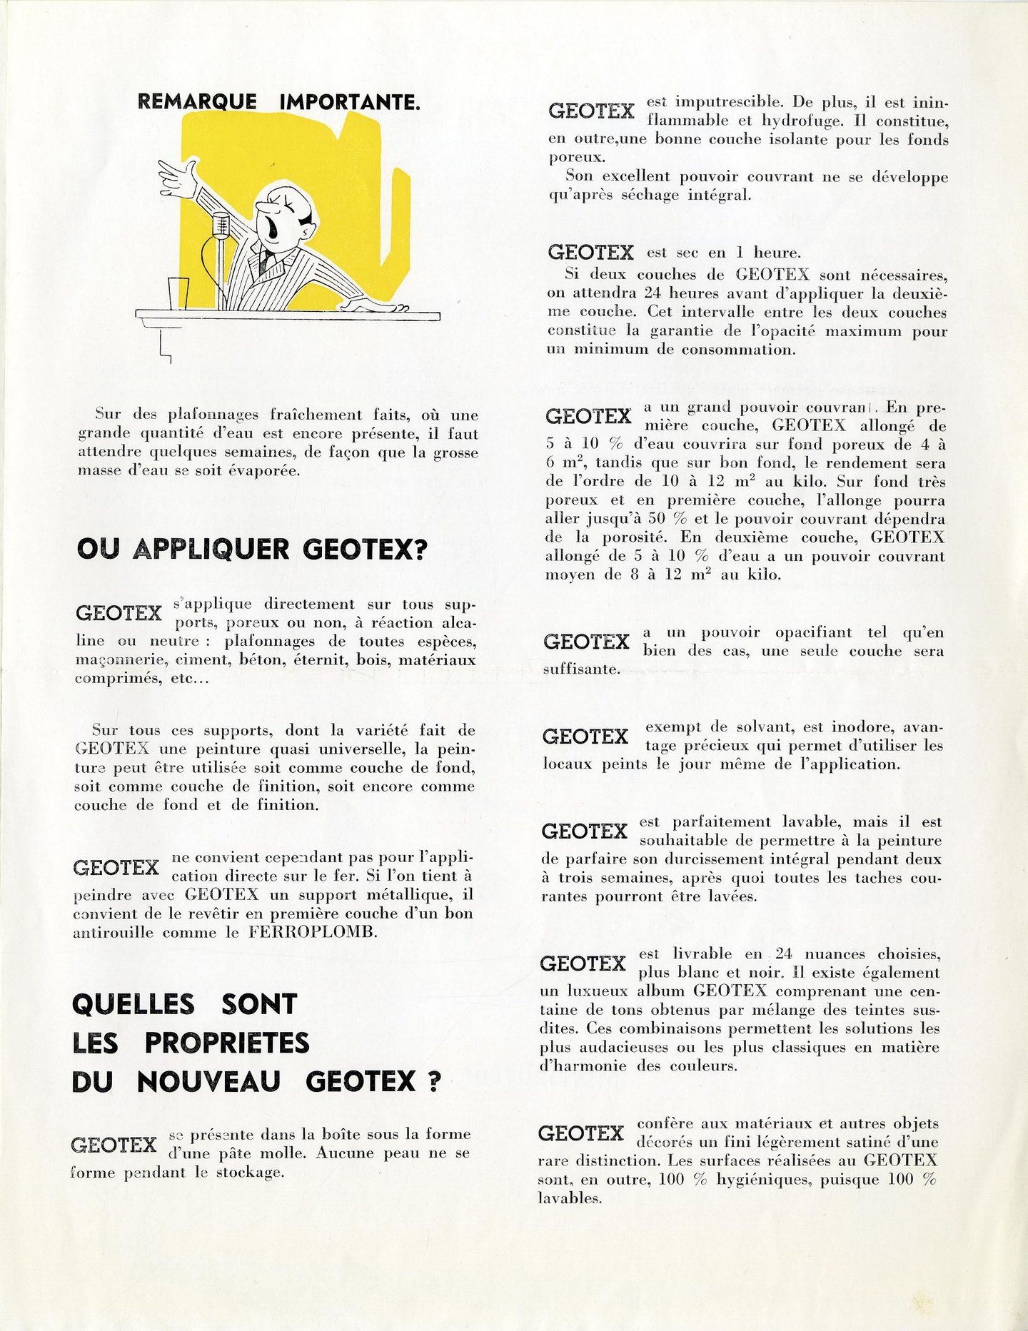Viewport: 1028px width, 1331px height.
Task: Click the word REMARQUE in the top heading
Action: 196,102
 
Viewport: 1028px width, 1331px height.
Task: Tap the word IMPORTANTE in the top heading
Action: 349,102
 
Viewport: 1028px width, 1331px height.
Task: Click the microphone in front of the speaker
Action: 221,224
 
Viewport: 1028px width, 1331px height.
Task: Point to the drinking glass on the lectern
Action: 178,293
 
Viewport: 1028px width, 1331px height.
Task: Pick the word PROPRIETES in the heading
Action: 227,1043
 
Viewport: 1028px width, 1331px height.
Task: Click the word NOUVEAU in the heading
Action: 208,1082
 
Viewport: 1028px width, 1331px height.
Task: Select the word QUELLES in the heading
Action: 133,1004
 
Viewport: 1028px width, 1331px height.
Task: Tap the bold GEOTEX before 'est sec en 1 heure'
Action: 590,253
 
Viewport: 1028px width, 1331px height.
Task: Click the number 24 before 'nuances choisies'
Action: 784,954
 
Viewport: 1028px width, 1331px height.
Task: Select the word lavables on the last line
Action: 570,1198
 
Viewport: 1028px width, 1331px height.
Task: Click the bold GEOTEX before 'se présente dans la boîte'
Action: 114,1145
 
